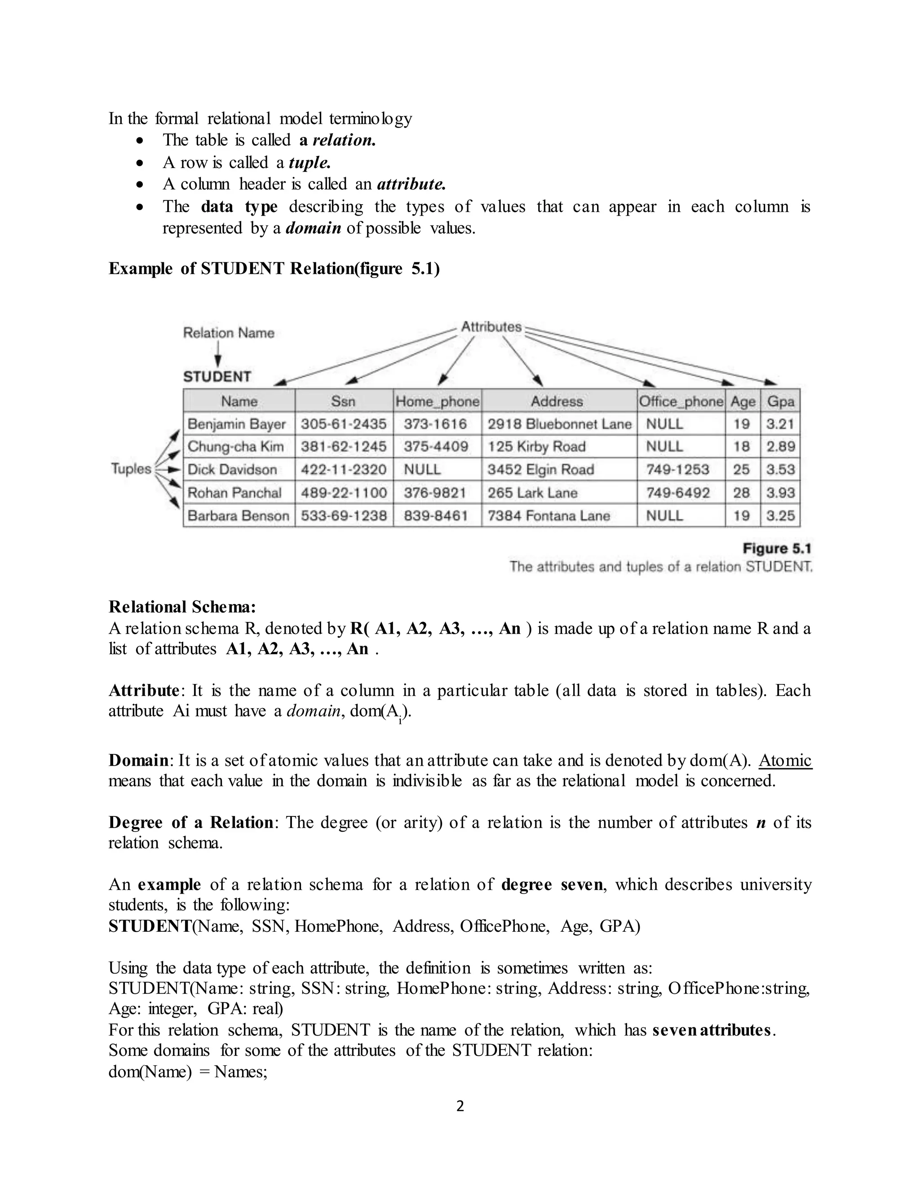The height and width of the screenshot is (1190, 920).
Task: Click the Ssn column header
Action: (343, 401)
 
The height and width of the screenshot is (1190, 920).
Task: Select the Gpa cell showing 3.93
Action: (780, 493)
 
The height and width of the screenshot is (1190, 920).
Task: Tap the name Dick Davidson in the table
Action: (232, 470)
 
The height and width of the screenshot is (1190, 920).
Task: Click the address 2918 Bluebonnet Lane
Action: (559, 424)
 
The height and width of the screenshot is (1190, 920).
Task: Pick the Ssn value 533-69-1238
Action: (344, 516)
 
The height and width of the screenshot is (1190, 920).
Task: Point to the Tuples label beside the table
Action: (131, 468)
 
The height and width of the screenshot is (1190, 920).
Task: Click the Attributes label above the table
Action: (491, 327)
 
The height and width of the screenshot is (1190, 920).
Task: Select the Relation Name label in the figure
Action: (228, 333)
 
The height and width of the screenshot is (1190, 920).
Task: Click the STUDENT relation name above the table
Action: (217, 376)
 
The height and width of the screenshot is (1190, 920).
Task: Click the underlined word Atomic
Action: (785, 760)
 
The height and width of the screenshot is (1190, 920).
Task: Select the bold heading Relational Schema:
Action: (182, 607)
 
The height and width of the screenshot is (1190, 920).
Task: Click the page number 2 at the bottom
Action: (460, 1106)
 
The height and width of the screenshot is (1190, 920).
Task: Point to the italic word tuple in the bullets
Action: (309, 163)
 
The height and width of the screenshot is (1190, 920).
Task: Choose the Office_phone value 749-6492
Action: (678, 493)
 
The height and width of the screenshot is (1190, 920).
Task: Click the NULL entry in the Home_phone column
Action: (422, 470)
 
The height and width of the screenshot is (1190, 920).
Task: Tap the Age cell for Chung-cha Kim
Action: (742, 447)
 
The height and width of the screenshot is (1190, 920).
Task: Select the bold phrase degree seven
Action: (552, 884)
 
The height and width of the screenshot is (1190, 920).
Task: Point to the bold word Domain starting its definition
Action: (139, 760)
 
